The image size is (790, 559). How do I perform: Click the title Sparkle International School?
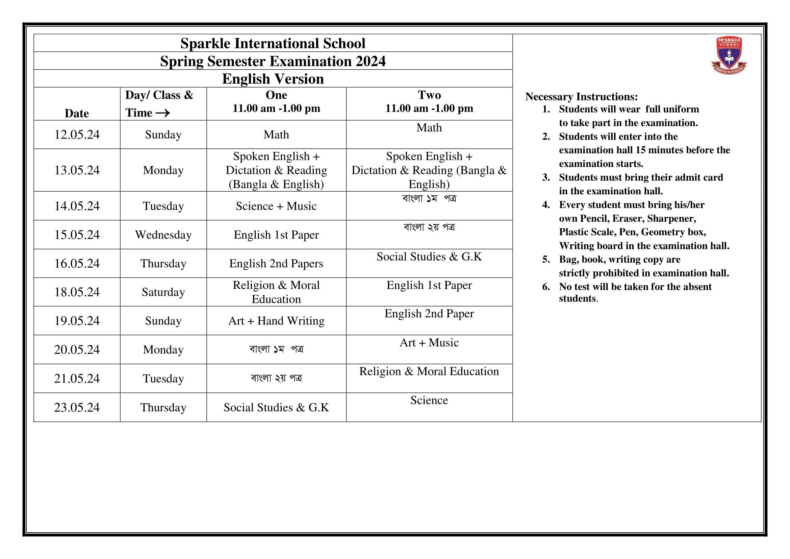[x=273, y=43]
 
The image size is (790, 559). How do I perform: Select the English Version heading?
[x=273, y=79]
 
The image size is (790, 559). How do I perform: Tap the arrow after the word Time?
[x=163, y=113]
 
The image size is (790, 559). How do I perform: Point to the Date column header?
[x=77, y=113]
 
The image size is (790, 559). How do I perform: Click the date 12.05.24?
[x=77, y=135]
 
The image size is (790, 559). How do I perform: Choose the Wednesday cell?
[x=163, y=235]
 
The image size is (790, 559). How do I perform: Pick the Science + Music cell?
[x=276, y=206]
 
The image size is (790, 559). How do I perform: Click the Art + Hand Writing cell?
[x=276, y=321]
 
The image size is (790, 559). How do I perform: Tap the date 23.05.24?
[x=77, y=407]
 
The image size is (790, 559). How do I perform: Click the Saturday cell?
[x=163, y=292]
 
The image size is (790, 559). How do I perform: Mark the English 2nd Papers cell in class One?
[x=276, y=263]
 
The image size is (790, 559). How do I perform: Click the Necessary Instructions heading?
[x=581, y=96]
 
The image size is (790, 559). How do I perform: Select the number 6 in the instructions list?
[x=546, y=287]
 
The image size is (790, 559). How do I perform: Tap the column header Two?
[x=429, y=95]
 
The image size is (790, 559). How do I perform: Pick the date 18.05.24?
[x=77, y=292]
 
